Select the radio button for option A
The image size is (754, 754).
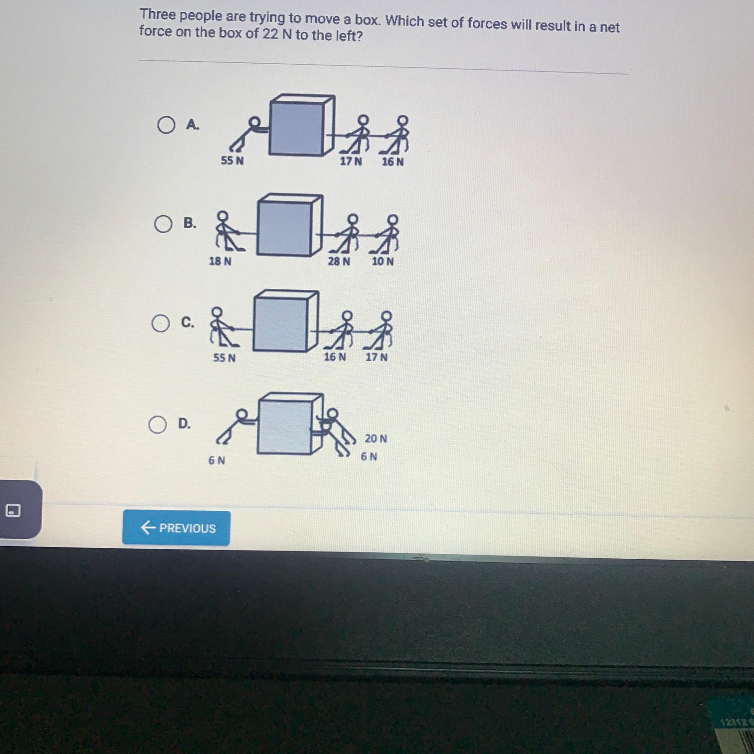tap(166, 125)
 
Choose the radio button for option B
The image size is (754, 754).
tap(163, 224)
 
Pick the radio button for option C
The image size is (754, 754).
tap(160, 323)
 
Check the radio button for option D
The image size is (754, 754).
tap(157, 424)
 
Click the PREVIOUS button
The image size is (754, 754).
tap(176, 528)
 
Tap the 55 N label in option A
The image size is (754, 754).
tap(232, 160)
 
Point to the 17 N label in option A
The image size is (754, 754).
tap(351, 161)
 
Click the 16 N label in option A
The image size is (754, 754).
tap(393, 162)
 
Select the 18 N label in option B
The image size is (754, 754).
tap(220, 261)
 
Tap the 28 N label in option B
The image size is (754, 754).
tap(339, 261)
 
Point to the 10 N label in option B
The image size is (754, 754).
tap(382, 261)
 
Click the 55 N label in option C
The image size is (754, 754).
tap(224, 358)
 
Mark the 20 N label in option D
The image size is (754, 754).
tap(376, 439)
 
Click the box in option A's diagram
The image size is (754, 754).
tap(302, 125)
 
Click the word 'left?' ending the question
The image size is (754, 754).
tap(349, 36)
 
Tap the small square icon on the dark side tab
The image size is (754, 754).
tap(13, 511)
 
